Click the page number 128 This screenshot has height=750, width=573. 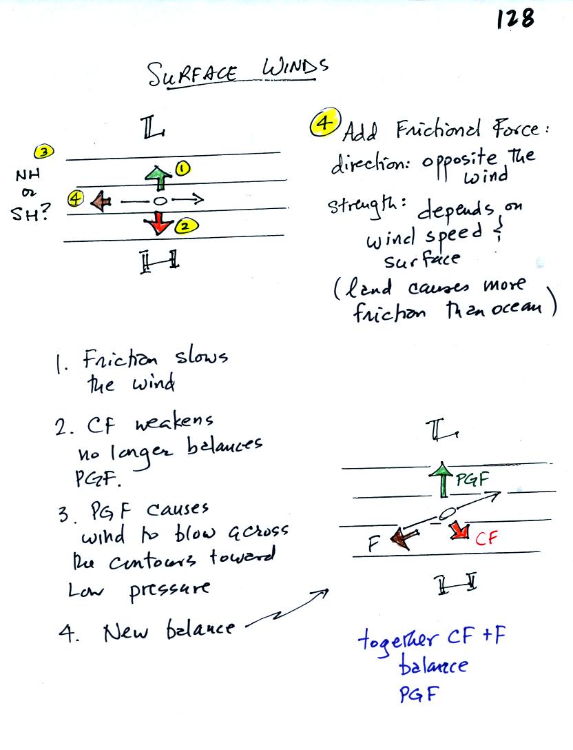tap(515, 18)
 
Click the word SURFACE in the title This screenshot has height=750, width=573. tap(191, 74)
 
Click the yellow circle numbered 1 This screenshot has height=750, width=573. tap(183, 168)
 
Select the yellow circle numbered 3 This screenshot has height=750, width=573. tap(44, 152)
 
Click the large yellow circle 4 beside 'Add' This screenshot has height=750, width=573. tap(326, 123)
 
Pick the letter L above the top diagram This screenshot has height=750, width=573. tap(152, 128)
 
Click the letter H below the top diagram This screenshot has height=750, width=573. tap(160, 262)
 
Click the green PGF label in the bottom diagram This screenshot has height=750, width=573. tap(472, 479)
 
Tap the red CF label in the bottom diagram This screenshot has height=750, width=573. tap(486, 538)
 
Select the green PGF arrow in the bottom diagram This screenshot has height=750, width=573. tap(444, 480)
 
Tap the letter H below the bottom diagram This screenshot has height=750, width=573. tap(457, 584)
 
